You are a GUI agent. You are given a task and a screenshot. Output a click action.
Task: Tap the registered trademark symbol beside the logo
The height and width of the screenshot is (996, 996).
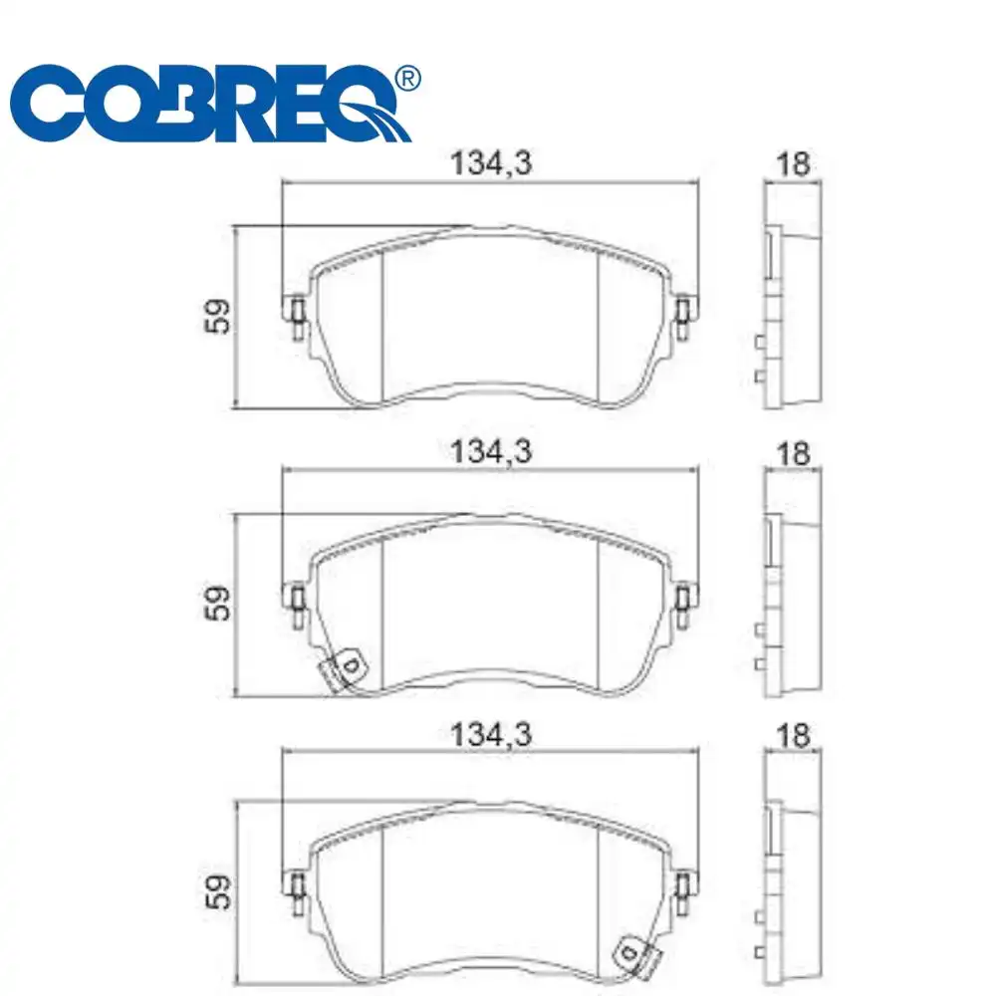(x=408, y=77)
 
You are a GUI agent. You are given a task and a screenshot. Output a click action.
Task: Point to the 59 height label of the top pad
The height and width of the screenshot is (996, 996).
(x=220, y=316)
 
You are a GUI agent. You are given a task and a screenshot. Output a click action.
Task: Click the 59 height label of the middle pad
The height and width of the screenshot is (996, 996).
(x=220, y=603)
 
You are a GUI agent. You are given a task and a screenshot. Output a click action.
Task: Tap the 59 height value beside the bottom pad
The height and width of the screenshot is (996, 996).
(x=220, y=889)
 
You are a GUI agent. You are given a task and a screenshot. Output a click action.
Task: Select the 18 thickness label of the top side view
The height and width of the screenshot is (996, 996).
(x=793, y=164)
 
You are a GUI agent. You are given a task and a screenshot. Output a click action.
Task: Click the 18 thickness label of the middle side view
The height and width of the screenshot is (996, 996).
(x=793, y=453)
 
